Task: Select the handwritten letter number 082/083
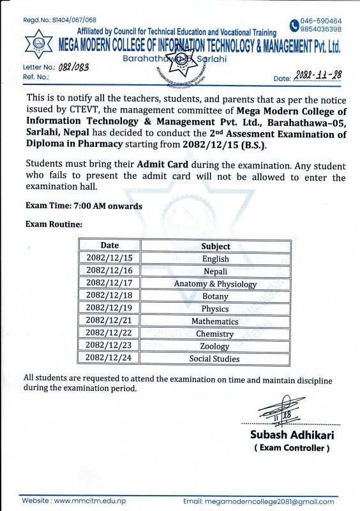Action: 75,66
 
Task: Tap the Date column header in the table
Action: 109,246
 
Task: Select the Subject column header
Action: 216,246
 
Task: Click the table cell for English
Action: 216,259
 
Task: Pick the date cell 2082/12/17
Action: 109,284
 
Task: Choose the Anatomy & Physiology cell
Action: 216,284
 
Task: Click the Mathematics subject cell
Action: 216,321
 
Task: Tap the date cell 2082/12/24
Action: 109,358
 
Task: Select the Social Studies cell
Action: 216,358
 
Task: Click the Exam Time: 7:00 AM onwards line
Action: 84,206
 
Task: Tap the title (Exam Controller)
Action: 292,448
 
